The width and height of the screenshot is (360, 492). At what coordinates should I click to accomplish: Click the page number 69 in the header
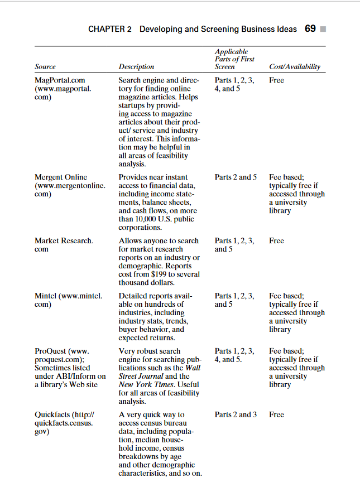tap(311, 29)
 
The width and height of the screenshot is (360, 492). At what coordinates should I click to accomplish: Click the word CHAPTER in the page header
tap(110, 29)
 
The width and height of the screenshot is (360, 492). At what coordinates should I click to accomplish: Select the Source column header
tap(45, 66)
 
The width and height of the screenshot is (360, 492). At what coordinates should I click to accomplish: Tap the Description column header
tap(136, 66)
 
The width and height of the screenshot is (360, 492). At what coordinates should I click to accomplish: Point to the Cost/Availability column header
tap(295, 66)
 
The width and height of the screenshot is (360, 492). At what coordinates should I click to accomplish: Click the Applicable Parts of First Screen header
tap(234, 59)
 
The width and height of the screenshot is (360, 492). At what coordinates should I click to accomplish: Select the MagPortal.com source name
tap(60, 80)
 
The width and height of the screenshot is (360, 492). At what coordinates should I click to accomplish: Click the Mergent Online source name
tap(61, 177)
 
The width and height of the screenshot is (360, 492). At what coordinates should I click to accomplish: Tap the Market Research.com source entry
tap(64, 241)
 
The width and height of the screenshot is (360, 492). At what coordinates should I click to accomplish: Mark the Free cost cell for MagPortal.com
tap(276, 80)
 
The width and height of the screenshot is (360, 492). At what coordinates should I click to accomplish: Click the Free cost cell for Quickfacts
tap(276, 415)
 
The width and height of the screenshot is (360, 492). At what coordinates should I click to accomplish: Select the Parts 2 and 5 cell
tap(236, 177)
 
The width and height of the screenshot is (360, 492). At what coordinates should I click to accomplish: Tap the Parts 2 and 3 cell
tap(236, 415)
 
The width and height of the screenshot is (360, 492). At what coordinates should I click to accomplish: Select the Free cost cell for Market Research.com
tap(276, 241)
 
